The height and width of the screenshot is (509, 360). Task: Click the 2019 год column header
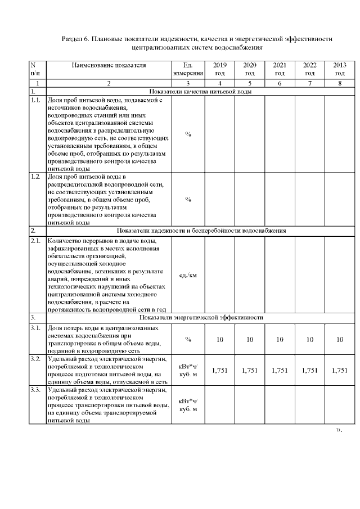click(x=220, y=69)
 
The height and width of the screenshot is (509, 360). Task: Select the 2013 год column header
click(x=340, y=69)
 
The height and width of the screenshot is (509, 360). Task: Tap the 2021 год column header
click(x=280, y=69)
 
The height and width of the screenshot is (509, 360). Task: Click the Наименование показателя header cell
click(x=109, y=65)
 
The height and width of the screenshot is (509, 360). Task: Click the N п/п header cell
click(x=35, y=69)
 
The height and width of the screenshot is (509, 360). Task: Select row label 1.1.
click(x=35, y=100)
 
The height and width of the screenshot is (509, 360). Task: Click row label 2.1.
click(x=35, y=241)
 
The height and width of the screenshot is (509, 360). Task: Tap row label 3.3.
click(x=35, y=390)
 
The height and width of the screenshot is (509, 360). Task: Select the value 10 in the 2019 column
click(x=220, y=339)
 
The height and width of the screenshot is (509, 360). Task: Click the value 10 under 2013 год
click(x=340, y=339)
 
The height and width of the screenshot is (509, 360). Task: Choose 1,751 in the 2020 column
click(x=250, y=370)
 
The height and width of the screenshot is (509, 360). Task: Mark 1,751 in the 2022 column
click(x=309, y=370)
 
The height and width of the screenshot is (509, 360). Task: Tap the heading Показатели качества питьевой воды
click(x=200, y=91)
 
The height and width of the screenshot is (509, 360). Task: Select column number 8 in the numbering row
click(x=340, y=83)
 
